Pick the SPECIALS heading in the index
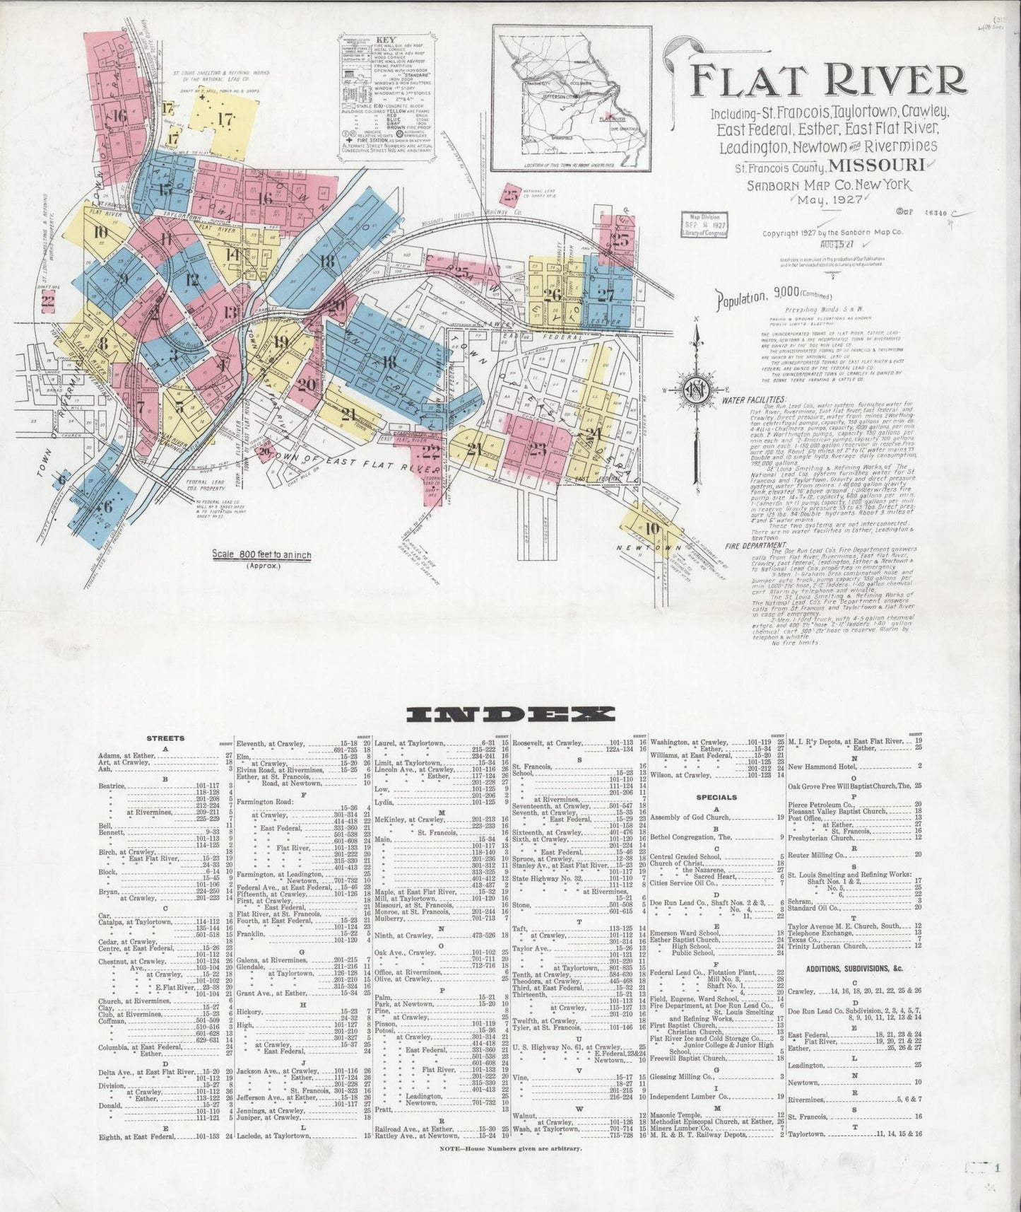716,797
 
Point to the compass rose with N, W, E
697,388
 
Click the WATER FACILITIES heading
754,400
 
